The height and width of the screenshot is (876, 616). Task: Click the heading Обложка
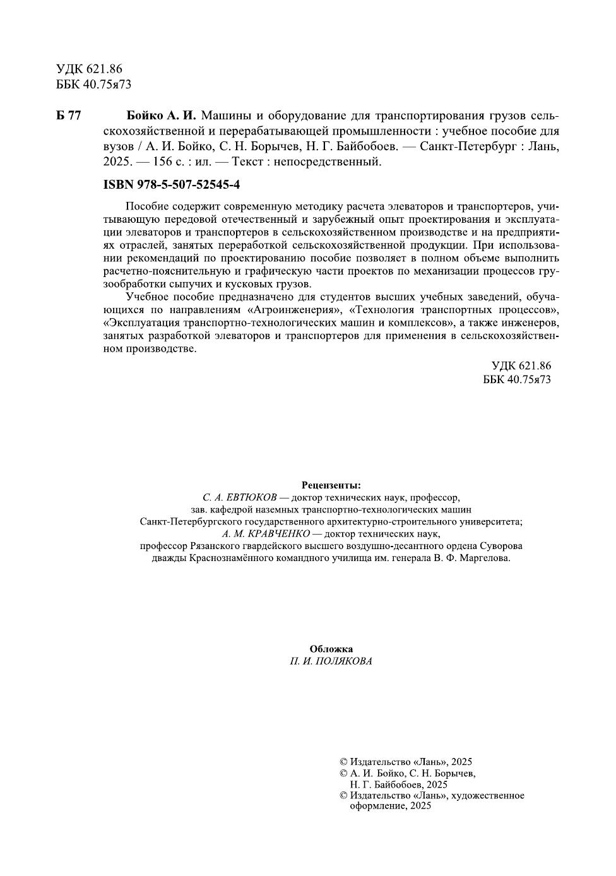coord(331,649)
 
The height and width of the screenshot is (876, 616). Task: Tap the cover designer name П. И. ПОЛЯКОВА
coord(331,661)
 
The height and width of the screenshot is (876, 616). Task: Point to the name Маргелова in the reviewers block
coord(487,559)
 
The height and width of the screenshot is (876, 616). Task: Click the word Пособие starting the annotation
coord(145,207)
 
